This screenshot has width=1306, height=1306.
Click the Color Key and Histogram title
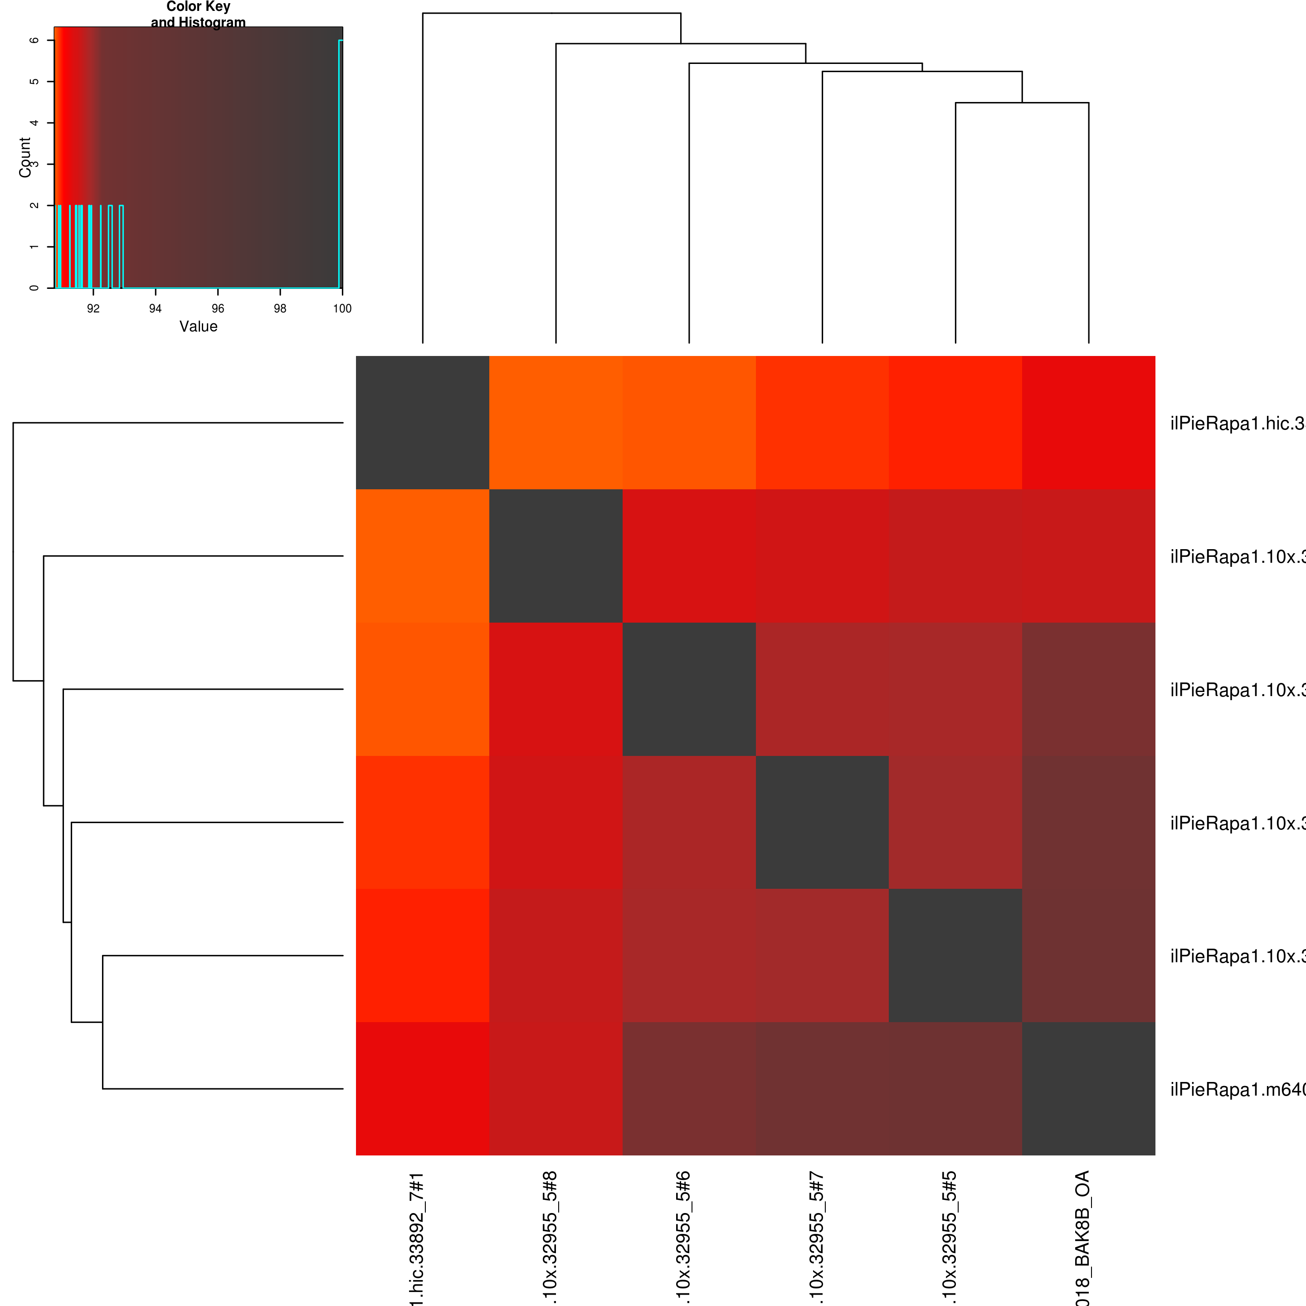pos(198,14)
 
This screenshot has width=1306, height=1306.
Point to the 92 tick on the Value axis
pos(93,308)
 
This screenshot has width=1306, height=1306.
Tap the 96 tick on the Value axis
pos(218,308)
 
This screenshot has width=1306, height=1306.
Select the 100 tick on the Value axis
pos(342,308)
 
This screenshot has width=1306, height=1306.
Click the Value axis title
pos(198,326)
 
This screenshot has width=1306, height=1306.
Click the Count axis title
pos(25,157)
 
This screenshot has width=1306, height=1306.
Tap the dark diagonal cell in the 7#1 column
pos(423,423)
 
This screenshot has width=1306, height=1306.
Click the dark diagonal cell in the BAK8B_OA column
pos(1088,1088)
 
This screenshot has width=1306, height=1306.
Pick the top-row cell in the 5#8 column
pos(556,423)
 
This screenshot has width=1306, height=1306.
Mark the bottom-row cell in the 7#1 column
pos(423,1088)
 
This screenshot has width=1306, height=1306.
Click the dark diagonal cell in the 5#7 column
pos(822,822)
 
